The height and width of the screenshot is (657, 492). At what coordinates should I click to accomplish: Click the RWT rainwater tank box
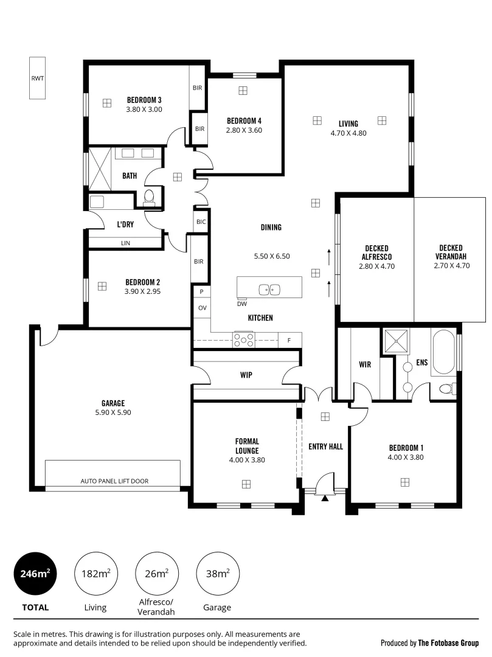(x=38, y=78)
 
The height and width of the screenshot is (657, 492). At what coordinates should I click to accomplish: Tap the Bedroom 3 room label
(x=144, y=100)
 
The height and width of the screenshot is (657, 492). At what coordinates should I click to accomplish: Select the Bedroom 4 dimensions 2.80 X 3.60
(x=243, y=130)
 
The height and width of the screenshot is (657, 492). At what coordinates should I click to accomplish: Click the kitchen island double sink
(x=269, y=290)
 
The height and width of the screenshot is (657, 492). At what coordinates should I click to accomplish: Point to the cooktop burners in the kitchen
(x=243, y=340)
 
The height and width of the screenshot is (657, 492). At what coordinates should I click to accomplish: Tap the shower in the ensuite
(x=396, y=341)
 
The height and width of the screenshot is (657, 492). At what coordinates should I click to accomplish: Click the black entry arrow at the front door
(x=325, y=498)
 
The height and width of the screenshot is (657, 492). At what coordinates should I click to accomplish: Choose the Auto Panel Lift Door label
(x=114, y=481)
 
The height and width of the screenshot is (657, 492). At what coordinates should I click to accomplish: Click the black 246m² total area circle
(x=35, y=573)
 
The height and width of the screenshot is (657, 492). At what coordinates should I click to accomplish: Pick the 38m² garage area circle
(x=217, y=573)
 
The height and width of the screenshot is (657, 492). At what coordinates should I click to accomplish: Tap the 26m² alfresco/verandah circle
(x=156, y=573)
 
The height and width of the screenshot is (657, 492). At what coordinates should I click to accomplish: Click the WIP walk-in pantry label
(x=246, y=375)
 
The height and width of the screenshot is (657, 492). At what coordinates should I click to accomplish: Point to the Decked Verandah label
(x=451, y=252)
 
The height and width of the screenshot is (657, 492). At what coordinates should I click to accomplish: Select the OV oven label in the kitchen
(x=202, y=308)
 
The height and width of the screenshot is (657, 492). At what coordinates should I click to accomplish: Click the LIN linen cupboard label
(x=125, y=243)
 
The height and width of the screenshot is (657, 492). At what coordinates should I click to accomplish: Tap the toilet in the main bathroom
(x=149, y=196)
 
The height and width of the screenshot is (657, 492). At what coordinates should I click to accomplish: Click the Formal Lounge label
(x=247, y=446)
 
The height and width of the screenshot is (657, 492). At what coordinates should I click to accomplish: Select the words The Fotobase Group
(x=448, y=642)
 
